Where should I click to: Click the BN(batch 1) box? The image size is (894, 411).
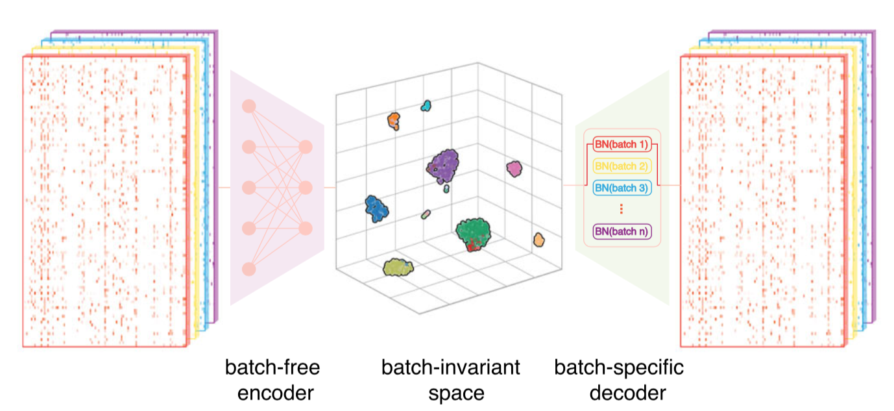[622, 144]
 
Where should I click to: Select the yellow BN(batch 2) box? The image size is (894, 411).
[622, 166]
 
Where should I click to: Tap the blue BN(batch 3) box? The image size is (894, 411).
[622, 188]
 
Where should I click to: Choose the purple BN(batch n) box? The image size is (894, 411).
[622, 230]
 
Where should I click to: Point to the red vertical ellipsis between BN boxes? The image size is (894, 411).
[622, 209]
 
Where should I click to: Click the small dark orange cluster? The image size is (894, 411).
[393, 120]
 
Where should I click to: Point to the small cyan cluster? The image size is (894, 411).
[426, 105]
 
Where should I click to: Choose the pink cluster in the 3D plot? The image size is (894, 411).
[514, 169]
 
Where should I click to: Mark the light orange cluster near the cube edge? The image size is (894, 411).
[538, 240]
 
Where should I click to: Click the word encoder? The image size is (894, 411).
[272, 393]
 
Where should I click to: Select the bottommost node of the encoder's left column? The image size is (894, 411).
[248, 269]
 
